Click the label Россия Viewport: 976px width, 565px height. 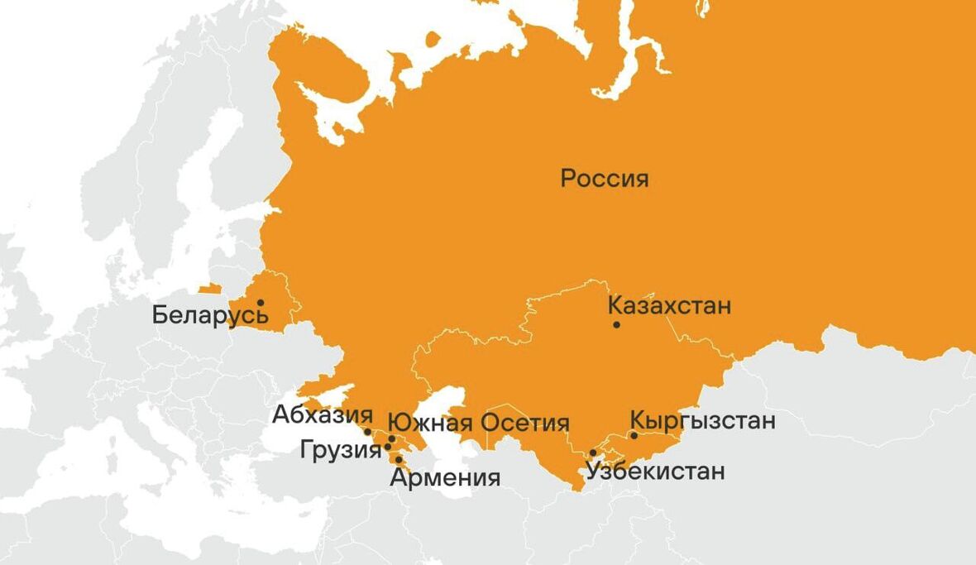[x=605, y=179]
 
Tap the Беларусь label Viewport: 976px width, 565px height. [x=210, y=316]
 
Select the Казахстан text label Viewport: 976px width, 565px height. [x=669, y=306]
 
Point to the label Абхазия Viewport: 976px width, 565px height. [x=323, y=414]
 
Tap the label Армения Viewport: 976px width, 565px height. [x=445, y=477]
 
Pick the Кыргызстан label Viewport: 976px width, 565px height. [x=703, y=420]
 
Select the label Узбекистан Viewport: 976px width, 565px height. [x=655, y=472]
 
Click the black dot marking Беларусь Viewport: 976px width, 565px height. [x=260, y=303]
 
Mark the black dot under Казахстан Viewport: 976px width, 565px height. [x=616, y=324]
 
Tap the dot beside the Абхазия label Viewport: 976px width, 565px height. [x=367, y=432]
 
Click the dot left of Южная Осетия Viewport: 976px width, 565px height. [x=391, y=439]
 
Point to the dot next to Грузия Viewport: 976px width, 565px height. [x=387, y=447]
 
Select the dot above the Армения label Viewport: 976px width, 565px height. [x=399, y=459]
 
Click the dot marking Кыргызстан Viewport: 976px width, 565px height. [x=634, y=435]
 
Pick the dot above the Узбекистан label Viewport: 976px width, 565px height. [x=592, y=452]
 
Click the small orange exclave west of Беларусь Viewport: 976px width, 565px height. [x=210, y=289]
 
